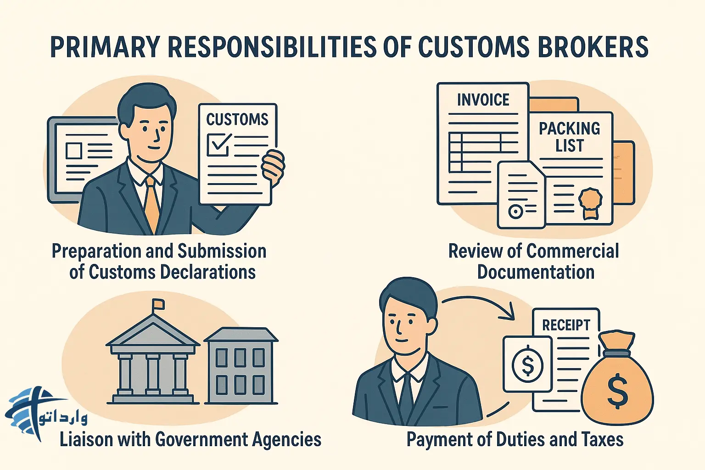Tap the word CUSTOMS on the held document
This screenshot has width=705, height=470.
click(237, 119)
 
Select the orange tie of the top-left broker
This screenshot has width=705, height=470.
click(151, 202)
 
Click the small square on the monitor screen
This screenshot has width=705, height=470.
click(74, 151)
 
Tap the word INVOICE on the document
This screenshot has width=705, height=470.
click(483, 100)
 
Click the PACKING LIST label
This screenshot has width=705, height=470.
click(569, 137)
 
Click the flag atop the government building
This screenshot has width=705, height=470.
click(158, 303)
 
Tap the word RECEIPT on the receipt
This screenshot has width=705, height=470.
click(566, 325)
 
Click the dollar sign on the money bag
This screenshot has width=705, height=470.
click(617, 391)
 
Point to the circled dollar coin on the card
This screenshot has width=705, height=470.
click(528, 365)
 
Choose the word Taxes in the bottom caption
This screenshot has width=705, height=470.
click(603, 439)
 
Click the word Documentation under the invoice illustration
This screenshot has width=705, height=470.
click(536, 272)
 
